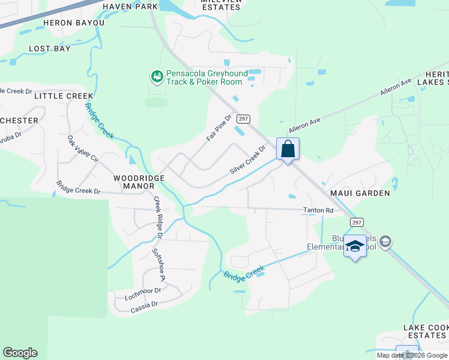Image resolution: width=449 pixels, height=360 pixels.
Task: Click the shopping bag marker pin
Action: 288,149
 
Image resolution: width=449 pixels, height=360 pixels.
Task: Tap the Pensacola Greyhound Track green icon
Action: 157,77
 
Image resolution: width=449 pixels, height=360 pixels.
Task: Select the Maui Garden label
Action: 360,193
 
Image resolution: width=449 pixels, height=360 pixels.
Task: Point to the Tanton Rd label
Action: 318,211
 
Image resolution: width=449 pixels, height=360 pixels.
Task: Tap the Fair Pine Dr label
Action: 219,128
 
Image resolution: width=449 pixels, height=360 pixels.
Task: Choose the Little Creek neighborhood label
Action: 64,95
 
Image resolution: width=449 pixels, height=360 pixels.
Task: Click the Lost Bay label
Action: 50,49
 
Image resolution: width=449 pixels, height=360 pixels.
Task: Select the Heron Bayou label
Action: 74,23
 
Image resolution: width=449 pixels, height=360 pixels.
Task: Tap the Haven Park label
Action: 130,7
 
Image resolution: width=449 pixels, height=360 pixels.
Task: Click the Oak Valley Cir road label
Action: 83,149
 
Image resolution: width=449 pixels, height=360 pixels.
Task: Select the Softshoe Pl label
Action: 158,265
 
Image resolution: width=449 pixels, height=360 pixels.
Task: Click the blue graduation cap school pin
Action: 355,247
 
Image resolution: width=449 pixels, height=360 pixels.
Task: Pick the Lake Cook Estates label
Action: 425,331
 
